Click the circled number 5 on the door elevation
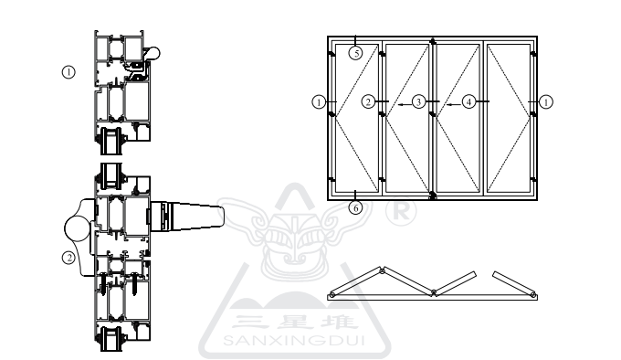[355, 53]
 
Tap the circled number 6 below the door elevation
[355, 207]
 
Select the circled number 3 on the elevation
[418, 101]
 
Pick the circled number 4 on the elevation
[468, 101]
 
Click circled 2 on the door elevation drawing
[368, 101]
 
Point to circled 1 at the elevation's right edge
[546, 102]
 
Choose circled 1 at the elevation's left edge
[319, 101]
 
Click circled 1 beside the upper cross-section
[68, 72]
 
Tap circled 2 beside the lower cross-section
[68, 258]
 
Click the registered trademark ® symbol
[401, 212]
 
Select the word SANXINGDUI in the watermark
[294, 340]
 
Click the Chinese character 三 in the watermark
[247, 322]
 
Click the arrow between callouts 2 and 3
[405, 105]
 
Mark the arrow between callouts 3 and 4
[454, 105]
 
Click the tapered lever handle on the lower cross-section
[187, 217]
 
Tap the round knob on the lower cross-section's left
[78, 228]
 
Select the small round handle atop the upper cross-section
[153, 53]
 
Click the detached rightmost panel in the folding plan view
[514, 285]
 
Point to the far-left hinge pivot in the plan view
[332, 295]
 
